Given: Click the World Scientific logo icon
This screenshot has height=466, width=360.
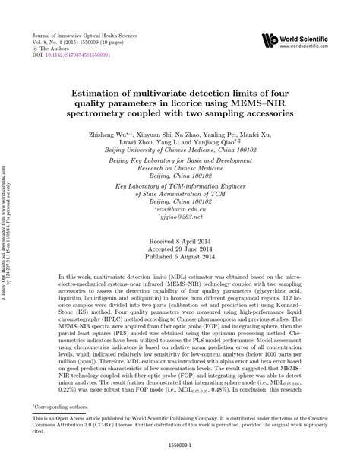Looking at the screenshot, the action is pos(267,40).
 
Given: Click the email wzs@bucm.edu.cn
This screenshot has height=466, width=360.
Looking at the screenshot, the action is pos(180,211).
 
